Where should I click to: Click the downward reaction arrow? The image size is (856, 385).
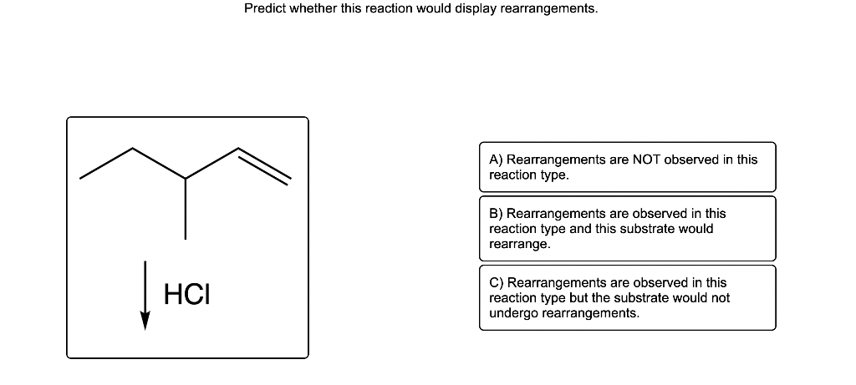coord(145,296)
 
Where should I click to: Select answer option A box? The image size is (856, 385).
coord(627,167)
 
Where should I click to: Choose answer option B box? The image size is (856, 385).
coord(627,229)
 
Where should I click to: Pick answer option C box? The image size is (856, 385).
coord(627,298)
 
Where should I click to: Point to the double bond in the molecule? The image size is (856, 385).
coord(263,165)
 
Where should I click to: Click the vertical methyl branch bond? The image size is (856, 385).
coord(186,208)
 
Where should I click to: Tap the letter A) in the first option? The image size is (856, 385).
coord(497,160)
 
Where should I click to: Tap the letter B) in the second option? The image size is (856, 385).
coord(497,215)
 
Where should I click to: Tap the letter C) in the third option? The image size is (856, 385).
coord(497,283)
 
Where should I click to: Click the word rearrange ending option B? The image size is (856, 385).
coord(519,245)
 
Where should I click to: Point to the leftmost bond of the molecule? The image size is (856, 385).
coord(106,164)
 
